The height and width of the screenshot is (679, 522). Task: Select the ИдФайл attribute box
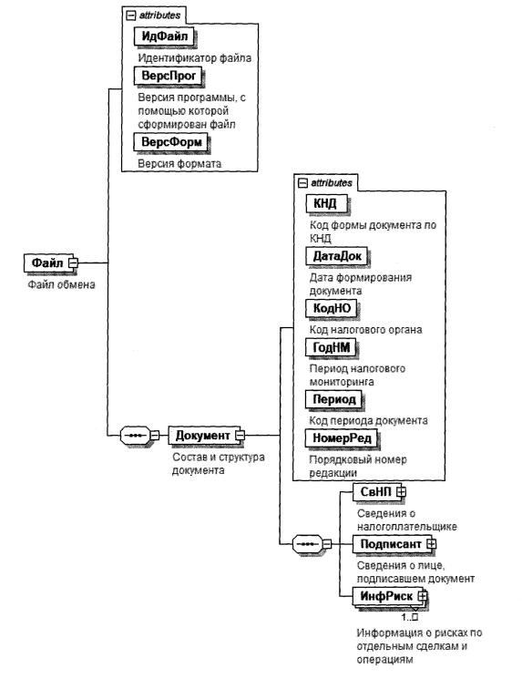pos(164,36)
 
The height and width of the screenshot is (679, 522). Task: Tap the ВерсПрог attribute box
pos(169,76)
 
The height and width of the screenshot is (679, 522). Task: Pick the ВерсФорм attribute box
pos(171,142)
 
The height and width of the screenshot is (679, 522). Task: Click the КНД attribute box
pos(326,203)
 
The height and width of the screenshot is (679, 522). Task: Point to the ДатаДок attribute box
pos(337,256)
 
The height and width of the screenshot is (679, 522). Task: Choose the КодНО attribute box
pos(332,308)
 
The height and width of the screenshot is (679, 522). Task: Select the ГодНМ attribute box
pos(331,347)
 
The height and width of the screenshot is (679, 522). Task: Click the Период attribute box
pos(333,399)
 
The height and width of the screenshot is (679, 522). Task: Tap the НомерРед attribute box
pos(342,438)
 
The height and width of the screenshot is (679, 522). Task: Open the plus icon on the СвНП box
pos(401,491)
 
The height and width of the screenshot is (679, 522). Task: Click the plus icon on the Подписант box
pos(431,543)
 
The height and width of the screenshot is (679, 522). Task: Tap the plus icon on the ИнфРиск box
pos(423,596)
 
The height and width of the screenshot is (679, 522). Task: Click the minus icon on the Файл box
pos(74,262)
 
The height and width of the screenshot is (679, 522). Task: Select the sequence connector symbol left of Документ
pos(135,436)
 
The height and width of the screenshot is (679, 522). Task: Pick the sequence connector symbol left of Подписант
pos(308,543)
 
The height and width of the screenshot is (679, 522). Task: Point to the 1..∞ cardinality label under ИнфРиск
pos(409,617)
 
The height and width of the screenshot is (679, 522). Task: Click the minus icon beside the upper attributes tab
pos(130,16)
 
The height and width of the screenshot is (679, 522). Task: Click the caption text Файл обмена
pos(61,284)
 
